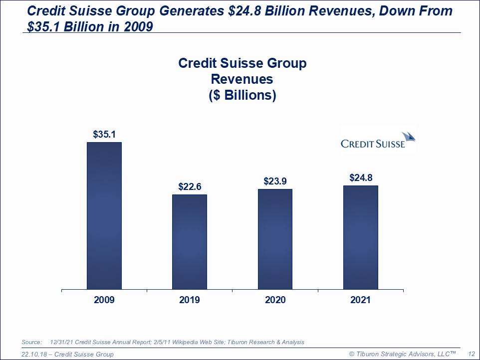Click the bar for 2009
pos(104,215)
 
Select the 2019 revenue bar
pos(190,242)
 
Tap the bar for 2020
pos(275,239)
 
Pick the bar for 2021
pos(360,237)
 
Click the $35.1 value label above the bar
pos(104,134)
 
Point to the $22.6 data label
pos(190,187)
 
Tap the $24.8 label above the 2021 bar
pos(360,178)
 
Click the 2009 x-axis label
pos(104,300)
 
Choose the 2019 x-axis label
pos(190,300)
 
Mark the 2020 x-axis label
pos(275,300)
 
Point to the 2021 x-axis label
pos(360,300)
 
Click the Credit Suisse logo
pos(378,140)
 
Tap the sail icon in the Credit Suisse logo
pos(408,136)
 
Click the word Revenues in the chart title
pos(242,79)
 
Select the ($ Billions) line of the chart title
pos(242,95)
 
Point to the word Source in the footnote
pos(31,342)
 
